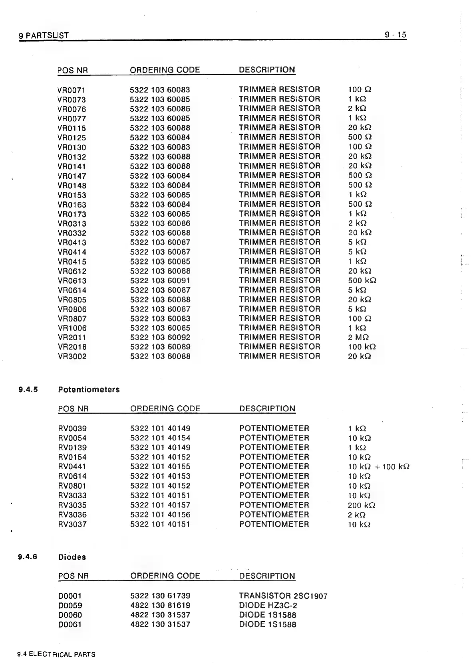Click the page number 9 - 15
395,35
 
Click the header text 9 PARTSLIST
44,36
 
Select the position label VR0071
72,90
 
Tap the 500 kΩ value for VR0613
362,280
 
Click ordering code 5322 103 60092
160,337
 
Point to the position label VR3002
72,357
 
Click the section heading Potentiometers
89,390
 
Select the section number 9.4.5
28,390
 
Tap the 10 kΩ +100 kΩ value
378,467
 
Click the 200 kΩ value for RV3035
361,505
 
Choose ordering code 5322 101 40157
160,505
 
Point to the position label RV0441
72,467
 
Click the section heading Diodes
72,557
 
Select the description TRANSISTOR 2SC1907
283,596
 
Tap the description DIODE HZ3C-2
268,606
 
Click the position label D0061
70,625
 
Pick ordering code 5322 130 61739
160,596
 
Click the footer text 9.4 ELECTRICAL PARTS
56,655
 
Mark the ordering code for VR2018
160,347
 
